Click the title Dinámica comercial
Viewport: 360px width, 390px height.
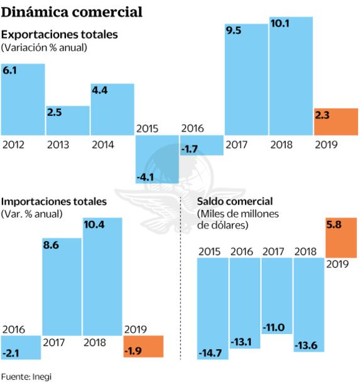(x=72, y=12)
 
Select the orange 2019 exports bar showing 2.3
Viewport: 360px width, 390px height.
(x=335, y=121)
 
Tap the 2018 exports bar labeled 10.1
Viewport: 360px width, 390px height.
(x=291, y=75)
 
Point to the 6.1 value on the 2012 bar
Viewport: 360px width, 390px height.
(x=10, y=72)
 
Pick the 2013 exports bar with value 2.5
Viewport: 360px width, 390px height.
(x=67, y=120)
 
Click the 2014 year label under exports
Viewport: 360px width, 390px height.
(x=103, y=144)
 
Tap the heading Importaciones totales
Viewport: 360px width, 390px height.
(x=55, y=201)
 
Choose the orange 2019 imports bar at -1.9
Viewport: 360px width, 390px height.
(x=144, y=346)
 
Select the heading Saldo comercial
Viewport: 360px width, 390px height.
(x=235, y=201)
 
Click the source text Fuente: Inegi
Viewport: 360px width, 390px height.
(x=26, y=377)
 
